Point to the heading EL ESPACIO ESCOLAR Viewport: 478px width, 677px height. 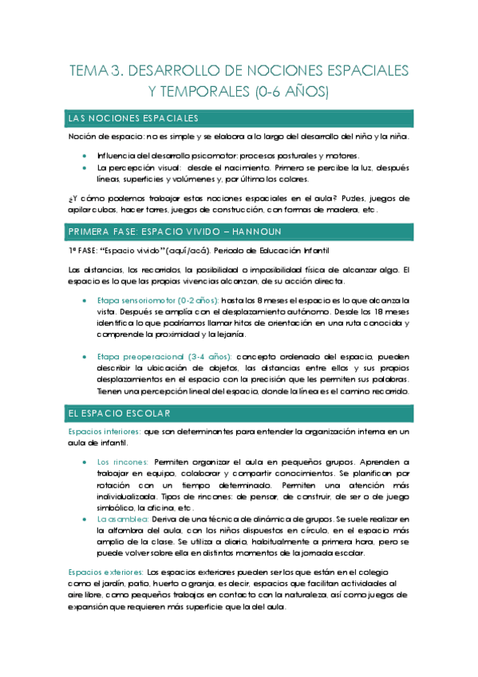pos(119,413)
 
